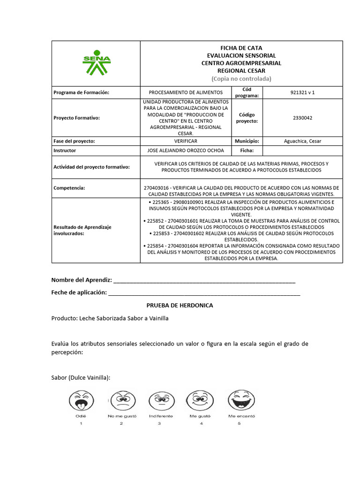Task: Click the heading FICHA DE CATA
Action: click(241, 48)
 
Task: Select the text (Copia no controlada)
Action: click(241, 78)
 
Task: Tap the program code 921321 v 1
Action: click(302, 92)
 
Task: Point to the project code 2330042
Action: click(302, 118)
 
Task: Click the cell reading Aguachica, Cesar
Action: click(302, 141)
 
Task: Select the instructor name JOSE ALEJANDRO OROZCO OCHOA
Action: click(186, 150)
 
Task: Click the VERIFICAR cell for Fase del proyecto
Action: click(186, 141)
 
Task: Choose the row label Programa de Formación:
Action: click(82, 92)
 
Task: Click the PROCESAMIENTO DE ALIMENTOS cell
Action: click(186, 92)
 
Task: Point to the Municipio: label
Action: click(247, 141)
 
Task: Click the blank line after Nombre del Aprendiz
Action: click(204, 281)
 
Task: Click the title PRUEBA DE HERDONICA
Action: click(180, 305)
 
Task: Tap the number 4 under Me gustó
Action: click(201, 424)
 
